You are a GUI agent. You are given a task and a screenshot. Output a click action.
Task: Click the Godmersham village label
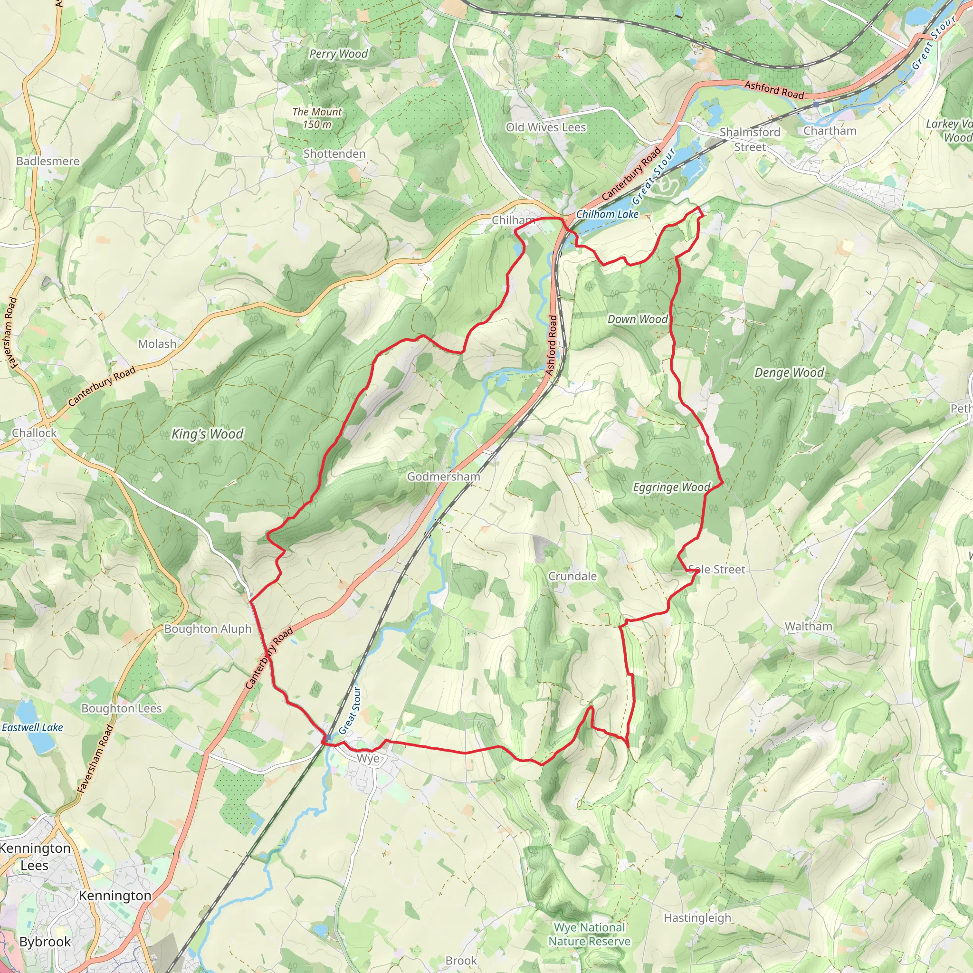(443, 477)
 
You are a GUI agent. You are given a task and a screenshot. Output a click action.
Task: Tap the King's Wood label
(207, 434)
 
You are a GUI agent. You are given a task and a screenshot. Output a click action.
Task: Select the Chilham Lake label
(607, 214)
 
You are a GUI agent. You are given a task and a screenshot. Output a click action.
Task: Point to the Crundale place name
(572, 576)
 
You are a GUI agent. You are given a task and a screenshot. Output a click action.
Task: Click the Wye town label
(368, 758)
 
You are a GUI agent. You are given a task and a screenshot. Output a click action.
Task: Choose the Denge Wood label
(789, 372)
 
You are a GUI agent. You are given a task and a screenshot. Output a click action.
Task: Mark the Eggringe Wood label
(671, 487)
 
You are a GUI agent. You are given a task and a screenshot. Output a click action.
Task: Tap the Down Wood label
(638, 319)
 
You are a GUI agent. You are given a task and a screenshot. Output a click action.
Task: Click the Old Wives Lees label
(546, 127)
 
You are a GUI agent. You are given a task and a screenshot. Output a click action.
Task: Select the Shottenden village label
(334, 153)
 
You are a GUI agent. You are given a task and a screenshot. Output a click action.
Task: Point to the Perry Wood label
(338, 54)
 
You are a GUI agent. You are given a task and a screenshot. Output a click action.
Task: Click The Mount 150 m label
(317, 118)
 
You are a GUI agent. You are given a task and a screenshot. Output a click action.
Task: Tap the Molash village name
(157, 344)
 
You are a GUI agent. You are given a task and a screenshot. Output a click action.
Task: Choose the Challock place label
(34, 433)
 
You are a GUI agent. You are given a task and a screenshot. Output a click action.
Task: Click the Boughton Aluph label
(208, 629)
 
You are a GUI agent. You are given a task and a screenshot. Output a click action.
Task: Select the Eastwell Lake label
(32, 727)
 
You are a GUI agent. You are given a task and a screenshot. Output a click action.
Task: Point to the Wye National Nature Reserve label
(589, 934)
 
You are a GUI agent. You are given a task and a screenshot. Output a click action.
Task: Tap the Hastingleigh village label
(697, 917)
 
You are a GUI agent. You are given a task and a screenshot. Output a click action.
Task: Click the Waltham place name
(808, 627)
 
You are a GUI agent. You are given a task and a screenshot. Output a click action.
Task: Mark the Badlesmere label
(48, 161)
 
